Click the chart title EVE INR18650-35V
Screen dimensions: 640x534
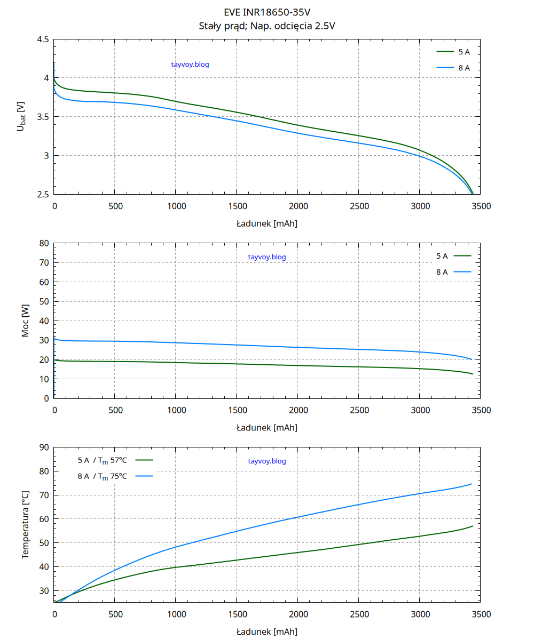pos(266,12)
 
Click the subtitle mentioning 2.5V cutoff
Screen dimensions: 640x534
pos(266,25)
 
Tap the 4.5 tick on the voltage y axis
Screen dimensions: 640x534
pos(43,39)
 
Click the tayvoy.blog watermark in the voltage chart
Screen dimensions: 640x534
pos(190,65)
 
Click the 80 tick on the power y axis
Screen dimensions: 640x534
pos(44,243)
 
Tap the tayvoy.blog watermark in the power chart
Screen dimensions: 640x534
pos(267,257)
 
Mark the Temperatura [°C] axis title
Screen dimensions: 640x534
pos(25,524)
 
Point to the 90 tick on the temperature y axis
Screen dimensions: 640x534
pos(44,447)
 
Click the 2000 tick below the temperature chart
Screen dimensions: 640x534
pos(298,614)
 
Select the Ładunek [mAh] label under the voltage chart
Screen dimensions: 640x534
pos(266,223)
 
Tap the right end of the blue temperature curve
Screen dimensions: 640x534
pos(472,484)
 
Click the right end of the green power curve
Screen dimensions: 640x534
pos(473,374)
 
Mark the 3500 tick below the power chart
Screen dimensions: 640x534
pos(481,410)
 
